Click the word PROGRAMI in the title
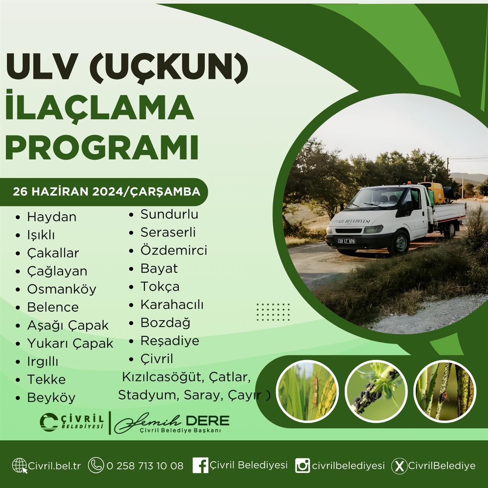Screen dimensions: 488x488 coord(102,147)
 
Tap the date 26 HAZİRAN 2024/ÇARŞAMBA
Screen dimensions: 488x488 coord(107,192)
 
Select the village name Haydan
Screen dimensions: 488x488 coord(52,217)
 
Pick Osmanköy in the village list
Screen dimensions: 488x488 coord(62,289)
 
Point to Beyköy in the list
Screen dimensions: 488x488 coord(51,398)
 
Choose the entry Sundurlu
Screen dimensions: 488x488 coord(169,214)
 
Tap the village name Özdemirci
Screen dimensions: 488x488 coord(174,250)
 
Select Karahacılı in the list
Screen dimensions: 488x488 coord(172,304)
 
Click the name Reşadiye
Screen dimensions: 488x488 coord(170,341)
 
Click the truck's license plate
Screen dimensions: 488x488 coord(346,241)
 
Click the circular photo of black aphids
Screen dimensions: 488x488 coord(376,391)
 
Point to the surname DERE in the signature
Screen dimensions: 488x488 coord(208,421)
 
